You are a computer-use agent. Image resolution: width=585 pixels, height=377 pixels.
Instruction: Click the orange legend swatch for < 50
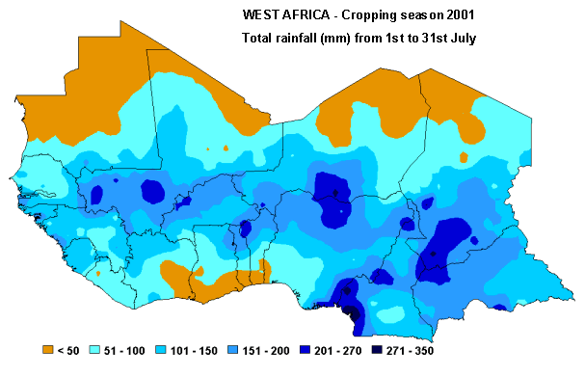pyautogui.click(x=47, y=349)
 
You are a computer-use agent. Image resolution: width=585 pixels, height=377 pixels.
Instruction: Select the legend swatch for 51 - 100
pyautogui.click(x=94, y=349)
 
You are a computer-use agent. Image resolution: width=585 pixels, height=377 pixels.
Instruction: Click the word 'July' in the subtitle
pyautogui.click(x=465, y=38)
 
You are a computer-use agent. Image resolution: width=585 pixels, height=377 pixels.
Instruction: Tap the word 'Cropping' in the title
pyautogui.click(x=364, y=16)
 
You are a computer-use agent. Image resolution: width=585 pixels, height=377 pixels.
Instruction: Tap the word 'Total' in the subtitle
pyautogui.click(x=256, y=38)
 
